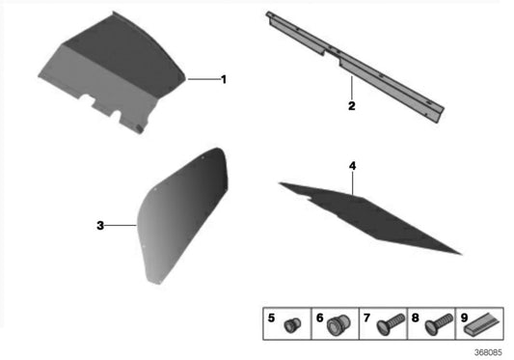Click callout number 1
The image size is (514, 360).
click(x=224, y=79)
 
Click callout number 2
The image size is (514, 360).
click(x=351, y=106)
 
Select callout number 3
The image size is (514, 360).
click(x=100, y=226)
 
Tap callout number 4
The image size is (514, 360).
click(x=352, y=166)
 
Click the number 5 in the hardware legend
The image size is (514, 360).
click(x=271, y=318)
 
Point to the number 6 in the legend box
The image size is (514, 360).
click(x=320, y=318)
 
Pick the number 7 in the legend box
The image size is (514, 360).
click(x=366, y=318)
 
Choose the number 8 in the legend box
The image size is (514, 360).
click(x=415, y=318)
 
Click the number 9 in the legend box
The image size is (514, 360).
click(x=464, y=318)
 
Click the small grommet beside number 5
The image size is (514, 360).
click(x=291, y=324)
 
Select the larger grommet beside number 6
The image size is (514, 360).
click(x=338, y=325)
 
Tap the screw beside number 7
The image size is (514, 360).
click(x=391, y=324)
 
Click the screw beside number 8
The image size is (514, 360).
click(x=439, y=324)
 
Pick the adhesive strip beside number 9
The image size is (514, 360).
click(x=482, y=323)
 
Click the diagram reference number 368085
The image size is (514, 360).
click(x=488, y=352)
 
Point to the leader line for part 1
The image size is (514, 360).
click(x=203, y=79)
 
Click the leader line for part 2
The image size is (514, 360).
click(x=352, y=88)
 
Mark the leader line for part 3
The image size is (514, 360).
click(x=121, y=225)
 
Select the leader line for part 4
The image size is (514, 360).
click(x=352, y=183)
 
